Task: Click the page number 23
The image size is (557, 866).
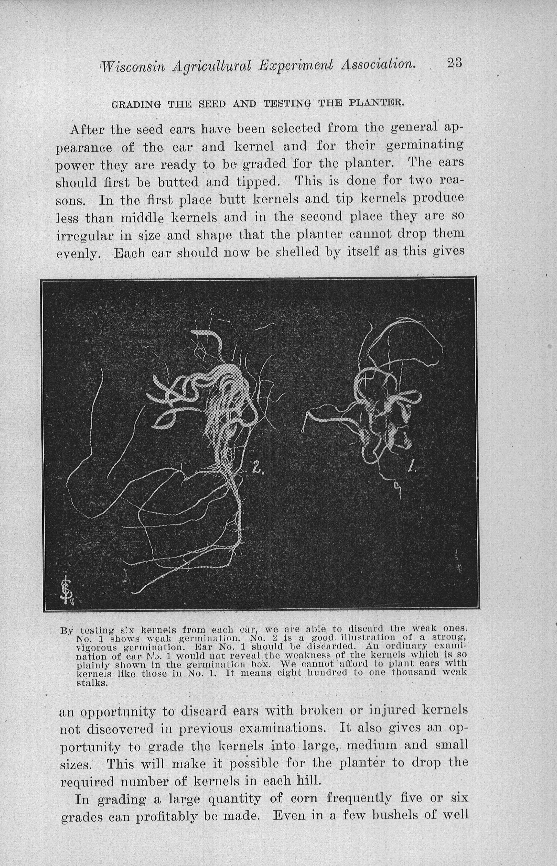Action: click(x=454, y=63)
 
